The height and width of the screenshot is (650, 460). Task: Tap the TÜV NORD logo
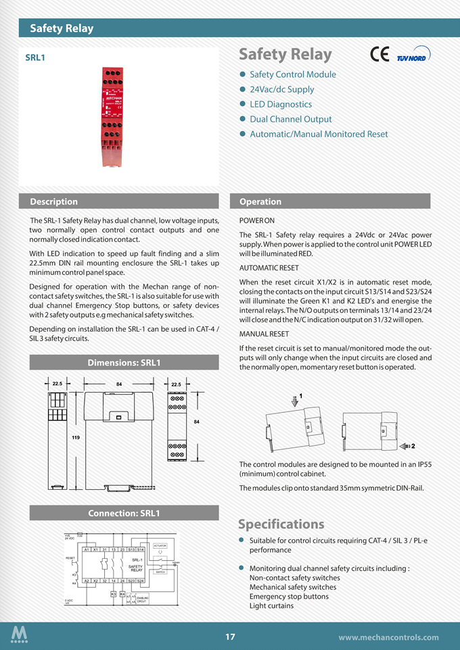[x=413, y=56]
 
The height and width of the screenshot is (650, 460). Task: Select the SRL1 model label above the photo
[x=35, y=58]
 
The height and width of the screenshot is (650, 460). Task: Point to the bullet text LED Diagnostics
[x=281, y=104]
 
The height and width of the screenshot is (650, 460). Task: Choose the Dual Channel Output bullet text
[x=291, y=119]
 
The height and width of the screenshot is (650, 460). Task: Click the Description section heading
[x=53, y=201]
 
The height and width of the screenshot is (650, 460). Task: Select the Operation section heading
[x=260, y=201]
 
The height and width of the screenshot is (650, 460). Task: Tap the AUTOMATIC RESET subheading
[x=269, y=268]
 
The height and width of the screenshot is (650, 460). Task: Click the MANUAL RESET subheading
[x=264, y=334]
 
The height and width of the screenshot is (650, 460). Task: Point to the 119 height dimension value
[x=76, y=439]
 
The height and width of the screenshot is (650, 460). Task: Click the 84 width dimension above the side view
[x=118, y=384]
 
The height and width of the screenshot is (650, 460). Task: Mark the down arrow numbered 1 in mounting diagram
[x=295, y=401]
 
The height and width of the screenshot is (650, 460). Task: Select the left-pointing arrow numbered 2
[x=407, y=446]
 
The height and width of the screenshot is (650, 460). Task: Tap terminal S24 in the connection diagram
[x=141, y=580]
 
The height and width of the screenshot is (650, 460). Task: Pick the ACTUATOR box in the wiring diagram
[x=160, y=545]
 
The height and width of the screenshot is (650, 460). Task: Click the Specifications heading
[x=281, y=524]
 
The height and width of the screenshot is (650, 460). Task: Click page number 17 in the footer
[x=230, y=636]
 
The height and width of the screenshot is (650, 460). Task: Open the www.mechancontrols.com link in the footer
[x=388, y=637]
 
